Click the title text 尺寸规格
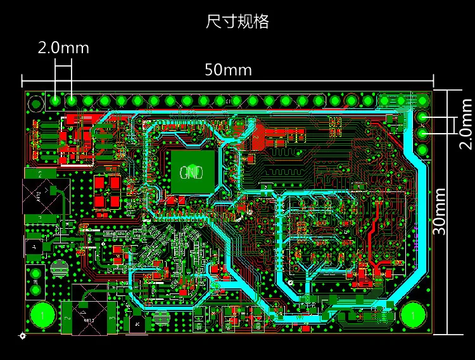tap(237, 22)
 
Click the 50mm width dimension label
tap(228, 69)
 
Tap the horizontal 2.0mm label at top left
tap(63, 48)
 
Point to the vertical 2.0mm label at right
tap(466, 124)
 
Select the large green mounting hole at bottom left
tap(42, 314)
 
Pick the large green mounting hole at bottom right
tap(412, 314)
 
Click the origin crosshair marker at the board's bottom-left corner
tap(22, 335)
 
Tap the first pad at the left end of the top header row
tap(56, 100)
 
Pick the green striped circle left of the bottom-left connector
tap(59, 268)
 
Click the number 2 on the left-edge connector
tap(40, 173)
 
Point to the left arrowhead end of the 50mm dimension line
tap(23, 80)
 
